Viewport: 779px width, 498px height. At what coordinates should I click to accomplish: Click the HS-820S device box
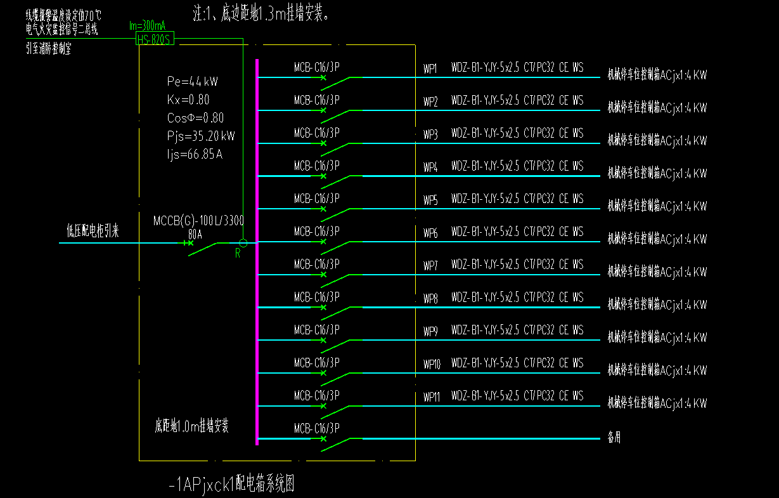pos(155,39)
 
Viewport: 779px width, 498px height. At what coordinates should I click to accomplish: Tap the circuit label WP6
pos(430,233)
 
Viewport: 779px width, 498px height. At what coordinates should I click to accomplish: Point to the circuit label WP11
pos(432,397)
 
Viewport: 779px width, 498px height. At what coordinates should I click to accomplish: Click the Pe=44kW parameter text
pos(193,81)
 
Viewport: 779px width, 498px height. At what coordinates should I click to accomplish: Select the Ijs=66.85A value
pos(195,154)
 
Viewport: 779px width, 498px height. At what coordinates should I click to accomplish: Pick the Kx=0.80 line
pos(188,100)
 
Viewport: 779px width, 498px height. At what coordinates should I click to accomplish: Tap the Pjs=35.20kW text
pos(201,136)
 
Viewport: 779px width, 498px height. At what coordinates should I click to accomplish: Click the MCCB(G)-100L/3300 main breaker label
pos(198,221)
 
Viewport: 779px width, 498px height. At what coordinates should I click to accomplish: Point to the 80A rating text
pos(195,233)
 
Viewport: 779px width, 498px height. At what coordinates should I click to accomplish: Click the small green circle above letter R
pos(243,243)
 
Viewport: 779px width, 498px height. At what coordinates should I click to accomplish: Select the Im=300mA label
pos(147,26)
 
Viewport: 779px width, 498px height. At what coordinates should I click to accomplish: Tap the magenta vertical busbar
pos(257,254)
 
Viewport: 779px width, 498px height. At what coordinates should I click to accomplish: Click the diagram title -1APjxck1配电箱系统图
pos(232,485)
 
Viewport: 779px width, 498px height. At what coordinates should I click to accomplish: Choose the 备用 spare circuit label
pos(614,437)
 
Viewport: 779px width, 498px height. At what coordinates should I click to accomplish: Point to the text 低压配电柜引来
pos(93,232)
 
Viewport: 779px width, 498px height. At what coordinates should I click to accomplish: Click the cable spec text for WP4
pos(517,166)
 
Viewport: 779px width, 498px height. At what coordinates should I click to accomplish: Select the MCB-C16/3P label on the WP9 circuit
pos(316,330)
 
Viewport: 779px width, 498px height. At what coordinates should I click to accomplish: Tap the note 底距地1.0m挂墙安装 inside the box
pos(192,426)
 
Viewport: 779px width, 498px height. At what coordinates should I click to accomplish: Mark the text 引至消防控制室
pos(49,48)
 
